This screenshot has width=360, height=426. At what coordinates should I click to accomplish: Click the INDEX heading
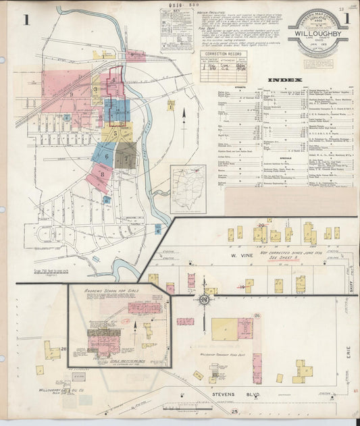[x=284, y=80]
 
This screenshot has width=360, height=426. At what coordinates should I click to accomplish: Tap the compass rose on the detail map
[x=203, y=300]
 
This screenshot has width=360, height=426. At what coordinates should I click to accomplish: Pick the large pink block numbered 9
[x=70, y=93]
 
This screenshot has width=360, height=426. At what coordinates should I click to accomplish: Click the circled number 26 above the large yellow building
[x=257, y=315]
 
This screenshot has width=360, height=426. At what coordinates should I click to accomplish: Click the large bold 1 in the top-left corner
[x=27, y=20]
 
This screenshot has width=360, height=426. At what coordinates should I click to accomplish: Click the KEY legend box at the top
[x=175, y=27]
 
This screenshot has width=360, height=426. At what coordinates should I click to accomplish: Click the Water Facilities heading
[x=208, y=11]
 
